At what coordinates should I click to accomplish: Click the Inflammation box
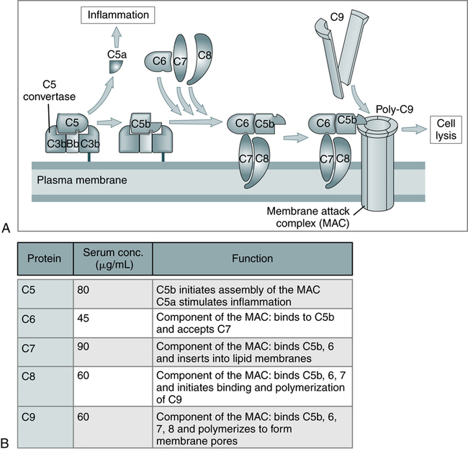coord(119,14)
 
